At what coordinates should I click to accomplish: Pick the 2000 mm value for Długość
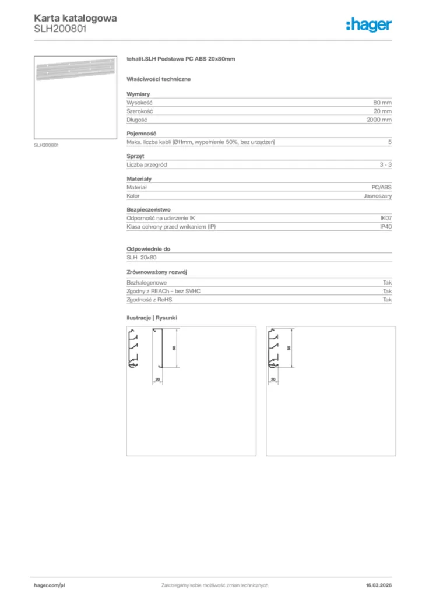pos(380,120)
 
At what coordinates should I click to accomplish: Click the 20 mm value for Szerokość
pos(382,111)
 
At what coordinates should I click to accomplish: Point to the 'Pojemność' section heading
pos(140,134)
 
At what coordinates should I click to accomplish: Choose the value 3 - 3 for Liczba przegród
pos(385,165)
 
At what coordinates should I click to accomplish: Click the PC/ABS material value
pos(381,187)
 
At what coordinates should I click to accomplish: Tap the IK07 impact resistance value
pos(385,218)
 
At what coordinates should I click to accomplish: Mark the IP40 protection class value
pos(385,226)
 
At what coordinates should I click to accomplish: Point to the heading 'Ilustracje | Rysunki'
pos(152,318)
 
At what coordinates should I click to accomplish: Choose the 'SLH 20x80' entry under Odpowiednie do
pos(142,257)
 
